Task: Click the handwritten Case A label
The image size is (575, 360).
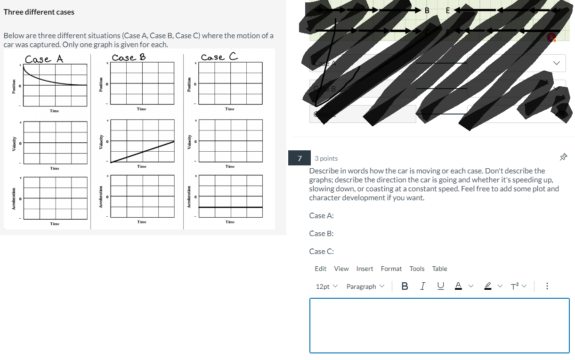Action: [44, 59]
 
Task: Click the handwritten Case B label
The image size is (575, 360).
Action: [129, 57]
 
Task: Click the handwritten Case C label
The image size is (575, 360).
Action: [219, 57]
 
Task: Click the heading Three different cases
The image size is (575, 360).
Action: [39, 12]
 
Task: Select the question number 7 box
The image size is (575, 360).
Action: [300, 158]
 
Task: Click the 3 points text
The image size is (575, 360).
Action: [326, 158]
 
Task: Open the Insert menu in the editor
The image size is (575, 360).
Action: [364, 269]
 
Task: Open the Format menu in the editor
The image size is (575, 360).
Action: [391, 269]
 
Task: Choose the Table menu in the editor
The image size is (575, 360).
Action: [439, 269]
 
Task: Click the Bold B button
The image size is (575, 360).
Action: [405, 286]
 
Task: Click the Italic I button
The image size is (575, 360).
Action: [423, 286]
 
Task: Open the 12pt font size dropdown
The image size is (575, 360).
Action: [327, 286]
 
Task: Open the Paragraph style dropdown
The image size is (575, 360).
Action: [365, 286]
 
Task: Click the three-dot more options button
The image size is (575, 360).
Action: [547, 286]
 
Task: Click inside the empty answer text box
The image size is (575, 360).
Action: [439, 325]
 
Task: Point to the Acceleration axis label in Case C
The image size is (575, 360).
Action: [189, 198]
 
